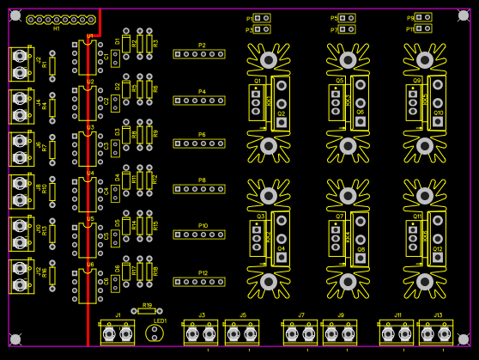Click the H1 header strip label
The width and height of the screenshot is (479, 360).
[x=57, y=28]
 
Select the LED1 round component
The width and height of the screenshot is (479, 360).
[x=155, y=332]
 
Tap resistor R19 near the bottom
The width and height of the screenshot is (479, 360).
[x=147, y=311]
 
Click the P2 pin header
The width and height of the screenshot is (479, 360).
[x=199, y=54]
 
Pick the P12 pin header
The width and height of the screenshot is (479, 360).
[x=199, y=282]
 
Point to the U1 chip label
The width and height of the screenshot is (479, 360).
[x=90, y=36]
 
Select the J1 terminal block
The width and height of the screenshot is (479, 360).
[x=118, y=333]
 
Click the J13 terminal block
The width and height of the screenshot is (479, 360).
[x=435, y=333]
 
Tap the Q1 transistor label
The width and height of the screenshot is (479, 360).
[x=258, y=81]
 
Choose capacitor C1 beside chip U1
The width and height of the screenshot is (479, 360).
[x=115, y=58]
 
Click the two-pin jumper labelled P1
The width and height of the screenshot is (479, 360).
[x=262, y=18]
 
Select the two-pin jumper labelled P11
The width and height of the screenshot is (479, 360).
[x=423, y=29]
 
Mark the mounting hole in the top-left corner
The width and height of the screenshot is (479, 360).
[x=15, y=15]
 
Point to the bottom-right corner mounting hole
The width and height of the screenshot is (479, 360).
[x=464, y=339]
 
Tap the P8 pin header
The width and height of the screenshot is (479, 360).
[x=199, y=189]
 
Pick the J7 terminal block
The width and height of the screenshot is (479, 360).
[x=300, y=333]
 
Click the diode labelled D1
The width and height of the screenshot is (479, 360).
[x=126, y=44]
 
